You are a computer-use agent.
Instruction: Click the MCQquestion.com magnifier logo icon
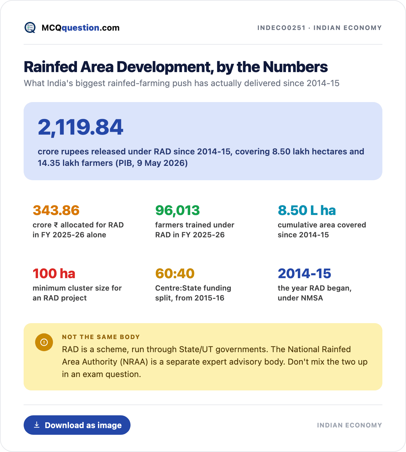[x=30, y=28]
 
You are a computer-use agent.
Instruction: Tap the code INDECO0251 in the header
[x=281, y=28]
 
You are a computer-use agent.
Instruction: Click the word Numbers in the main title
[x=295, y=67]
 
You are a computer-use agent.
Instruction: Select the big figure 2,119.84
[x=80, y=127]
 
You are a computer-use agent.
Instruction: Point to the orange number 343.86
[x=56, y=211]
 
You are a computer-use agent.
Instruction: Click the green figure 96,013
[x=177, y=211]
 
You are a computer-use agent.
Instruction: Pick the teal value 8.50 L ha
[x=307, y=211]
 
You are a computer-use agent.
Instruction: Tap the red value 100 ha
[x=54, y=273]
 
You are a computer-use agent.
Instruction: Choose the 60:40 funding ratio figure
[x=175, y=273]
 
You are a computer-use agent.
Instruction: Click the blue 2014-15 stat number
[x=304, y=273]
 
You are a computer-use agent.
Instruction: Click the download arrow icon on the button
[x=37, y=425]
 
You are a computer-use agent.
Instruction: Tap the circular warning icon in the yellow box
[x=44, y=342]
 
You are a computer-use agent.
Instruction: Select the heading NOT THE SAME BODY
[x=101, y=337]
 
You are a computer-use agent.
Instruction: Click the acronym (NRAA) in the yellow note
[x=134, y=362]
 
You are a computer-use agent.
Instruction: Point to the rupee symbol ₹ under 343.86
[x=56, y=225]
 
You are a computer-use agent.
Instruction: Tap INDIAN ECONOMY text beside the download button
[x=350, y=425]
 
